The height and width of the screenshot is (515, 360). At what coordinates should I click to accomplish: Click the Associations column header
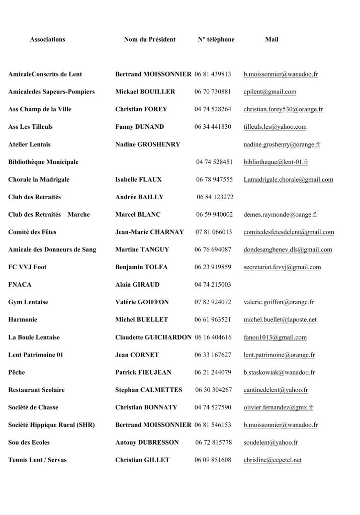coord(47,40)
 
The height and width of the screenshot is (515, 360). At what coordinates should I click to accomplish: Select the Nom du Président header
coord(149,40)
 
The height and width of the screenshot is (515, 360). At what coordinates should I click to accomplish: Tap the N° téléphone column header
coord(216,40)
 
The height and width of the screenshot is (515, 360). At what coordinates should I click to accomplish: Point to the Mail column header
coord(272,40)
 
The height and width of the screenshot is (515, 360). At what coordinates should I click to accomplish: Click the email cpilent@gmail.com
coord(269,92)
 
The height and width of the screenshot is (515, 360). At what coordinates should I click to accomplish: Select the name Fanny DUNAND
coord(139,127)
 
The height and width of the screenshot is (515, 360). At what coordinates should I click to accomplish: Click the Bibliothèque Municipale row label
coord(43,162)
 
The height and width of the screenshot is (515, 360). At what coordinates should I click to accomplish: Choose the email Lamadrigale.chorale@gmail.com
coord(288,180)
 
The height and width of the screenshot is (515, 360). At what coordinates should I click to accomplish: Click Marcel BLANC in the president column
coord(138,215)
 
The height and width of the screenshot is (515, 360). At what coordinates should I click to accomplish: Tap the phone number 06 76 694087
coord(213,249)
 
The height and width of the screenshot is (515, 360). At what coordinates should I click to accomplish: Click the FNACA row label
coord(20,285)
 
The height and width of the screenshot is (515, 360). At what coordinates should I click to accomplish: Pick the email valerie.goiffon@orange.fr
coord(279,302)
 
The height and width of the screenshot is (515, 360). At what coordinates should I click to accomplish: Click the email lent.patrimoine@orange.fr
coord(279,355)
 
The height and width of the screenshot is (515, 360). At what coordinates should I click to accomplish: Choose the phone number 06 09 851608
coord(213,460)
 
